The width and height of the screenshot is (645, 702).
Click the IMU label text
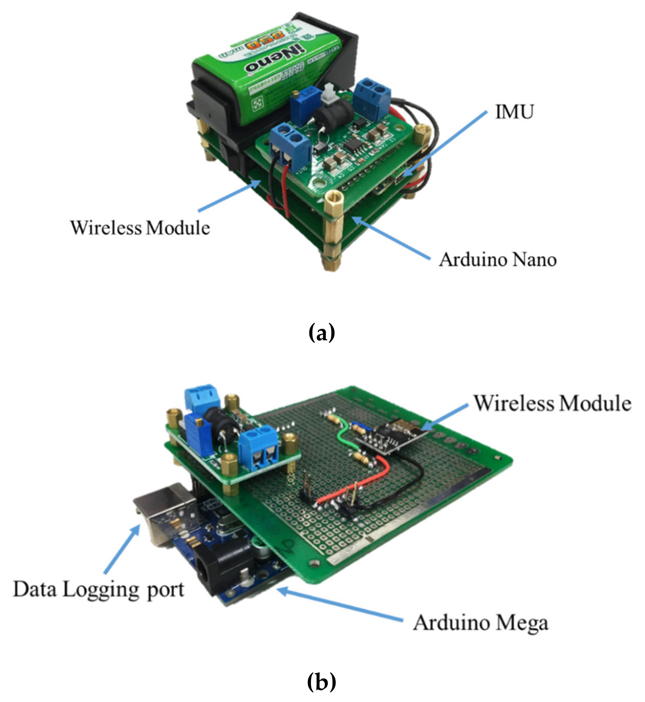coord(514,112)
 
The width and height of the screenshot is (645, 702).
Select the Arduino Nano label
coord(497,260)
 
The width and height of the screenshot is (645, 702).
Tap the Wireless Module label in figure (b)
coord(552,403)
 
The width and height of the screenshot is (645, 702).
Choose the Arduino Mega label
coord(481,623)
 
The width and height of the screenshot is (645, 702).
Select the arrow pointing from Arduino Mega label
coord(340,605)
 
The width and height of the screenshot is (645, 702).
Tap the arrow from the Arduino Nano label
coord(391,237)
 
